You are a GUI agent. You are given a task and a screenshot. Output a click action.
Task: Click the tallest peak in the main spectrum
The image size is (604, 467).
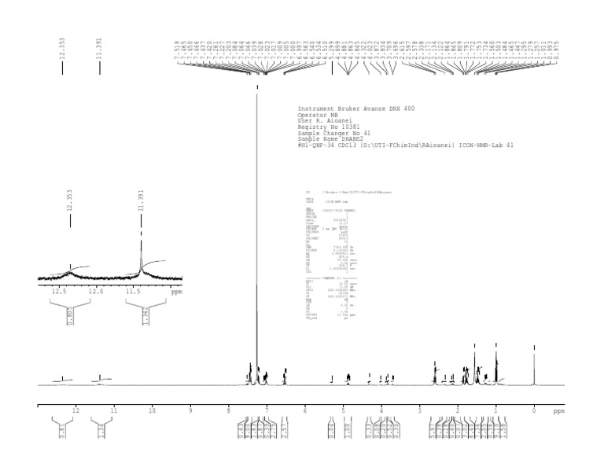257,94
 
